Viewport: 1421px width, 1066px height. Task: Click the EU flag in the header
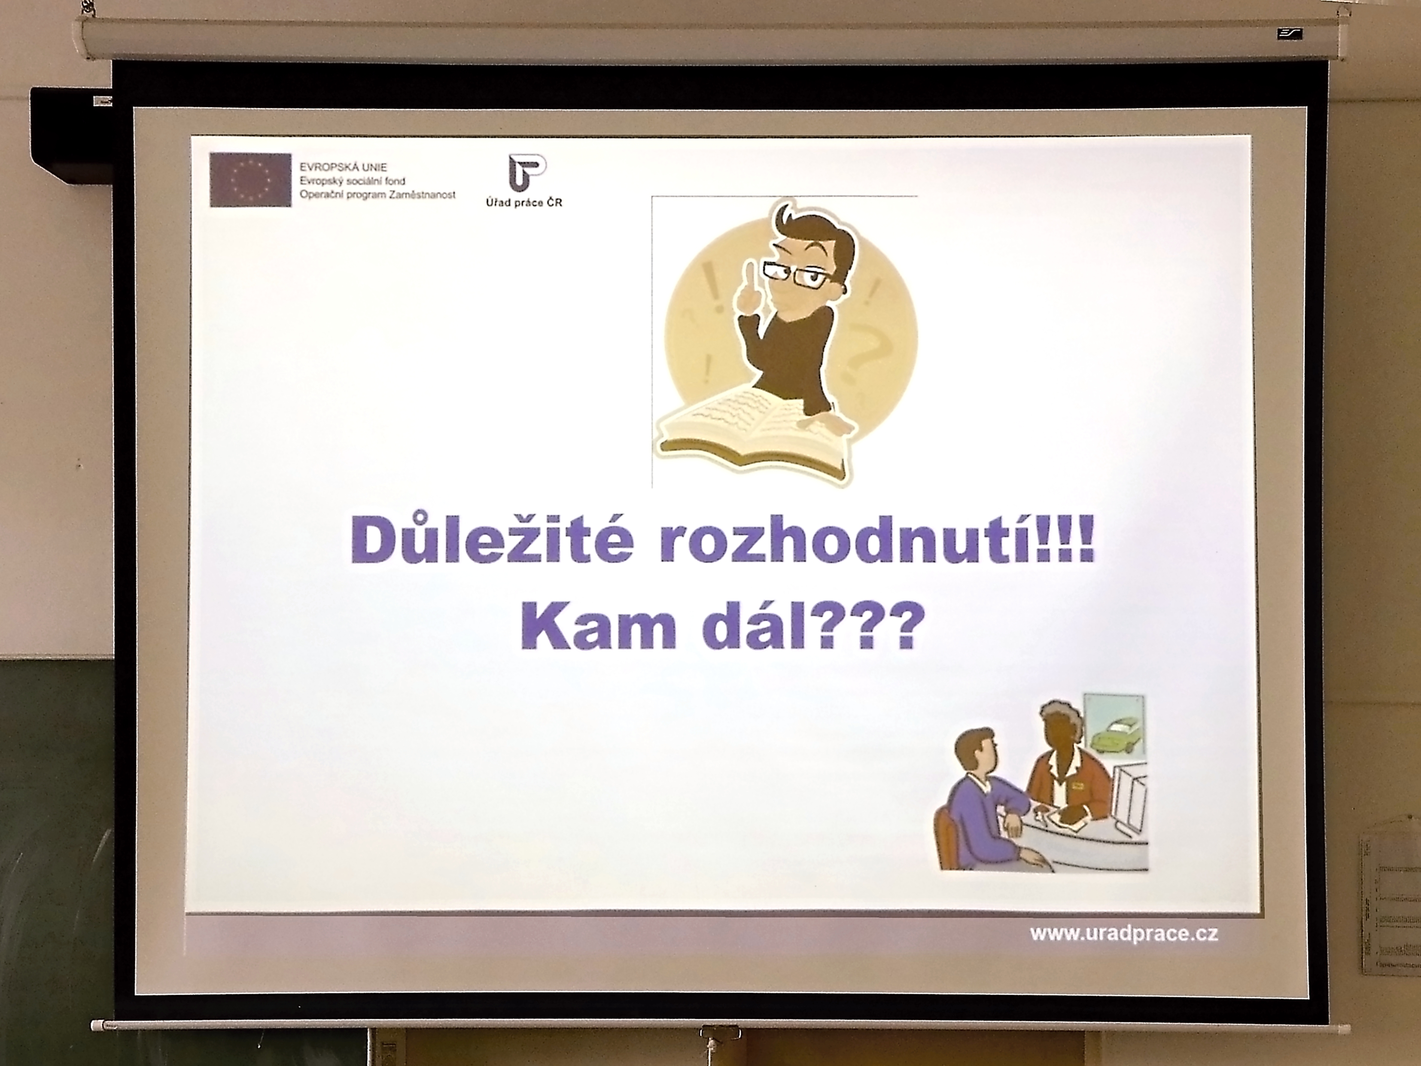250,180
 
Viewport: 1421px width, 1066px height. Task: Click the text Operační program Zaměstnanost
378,194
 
